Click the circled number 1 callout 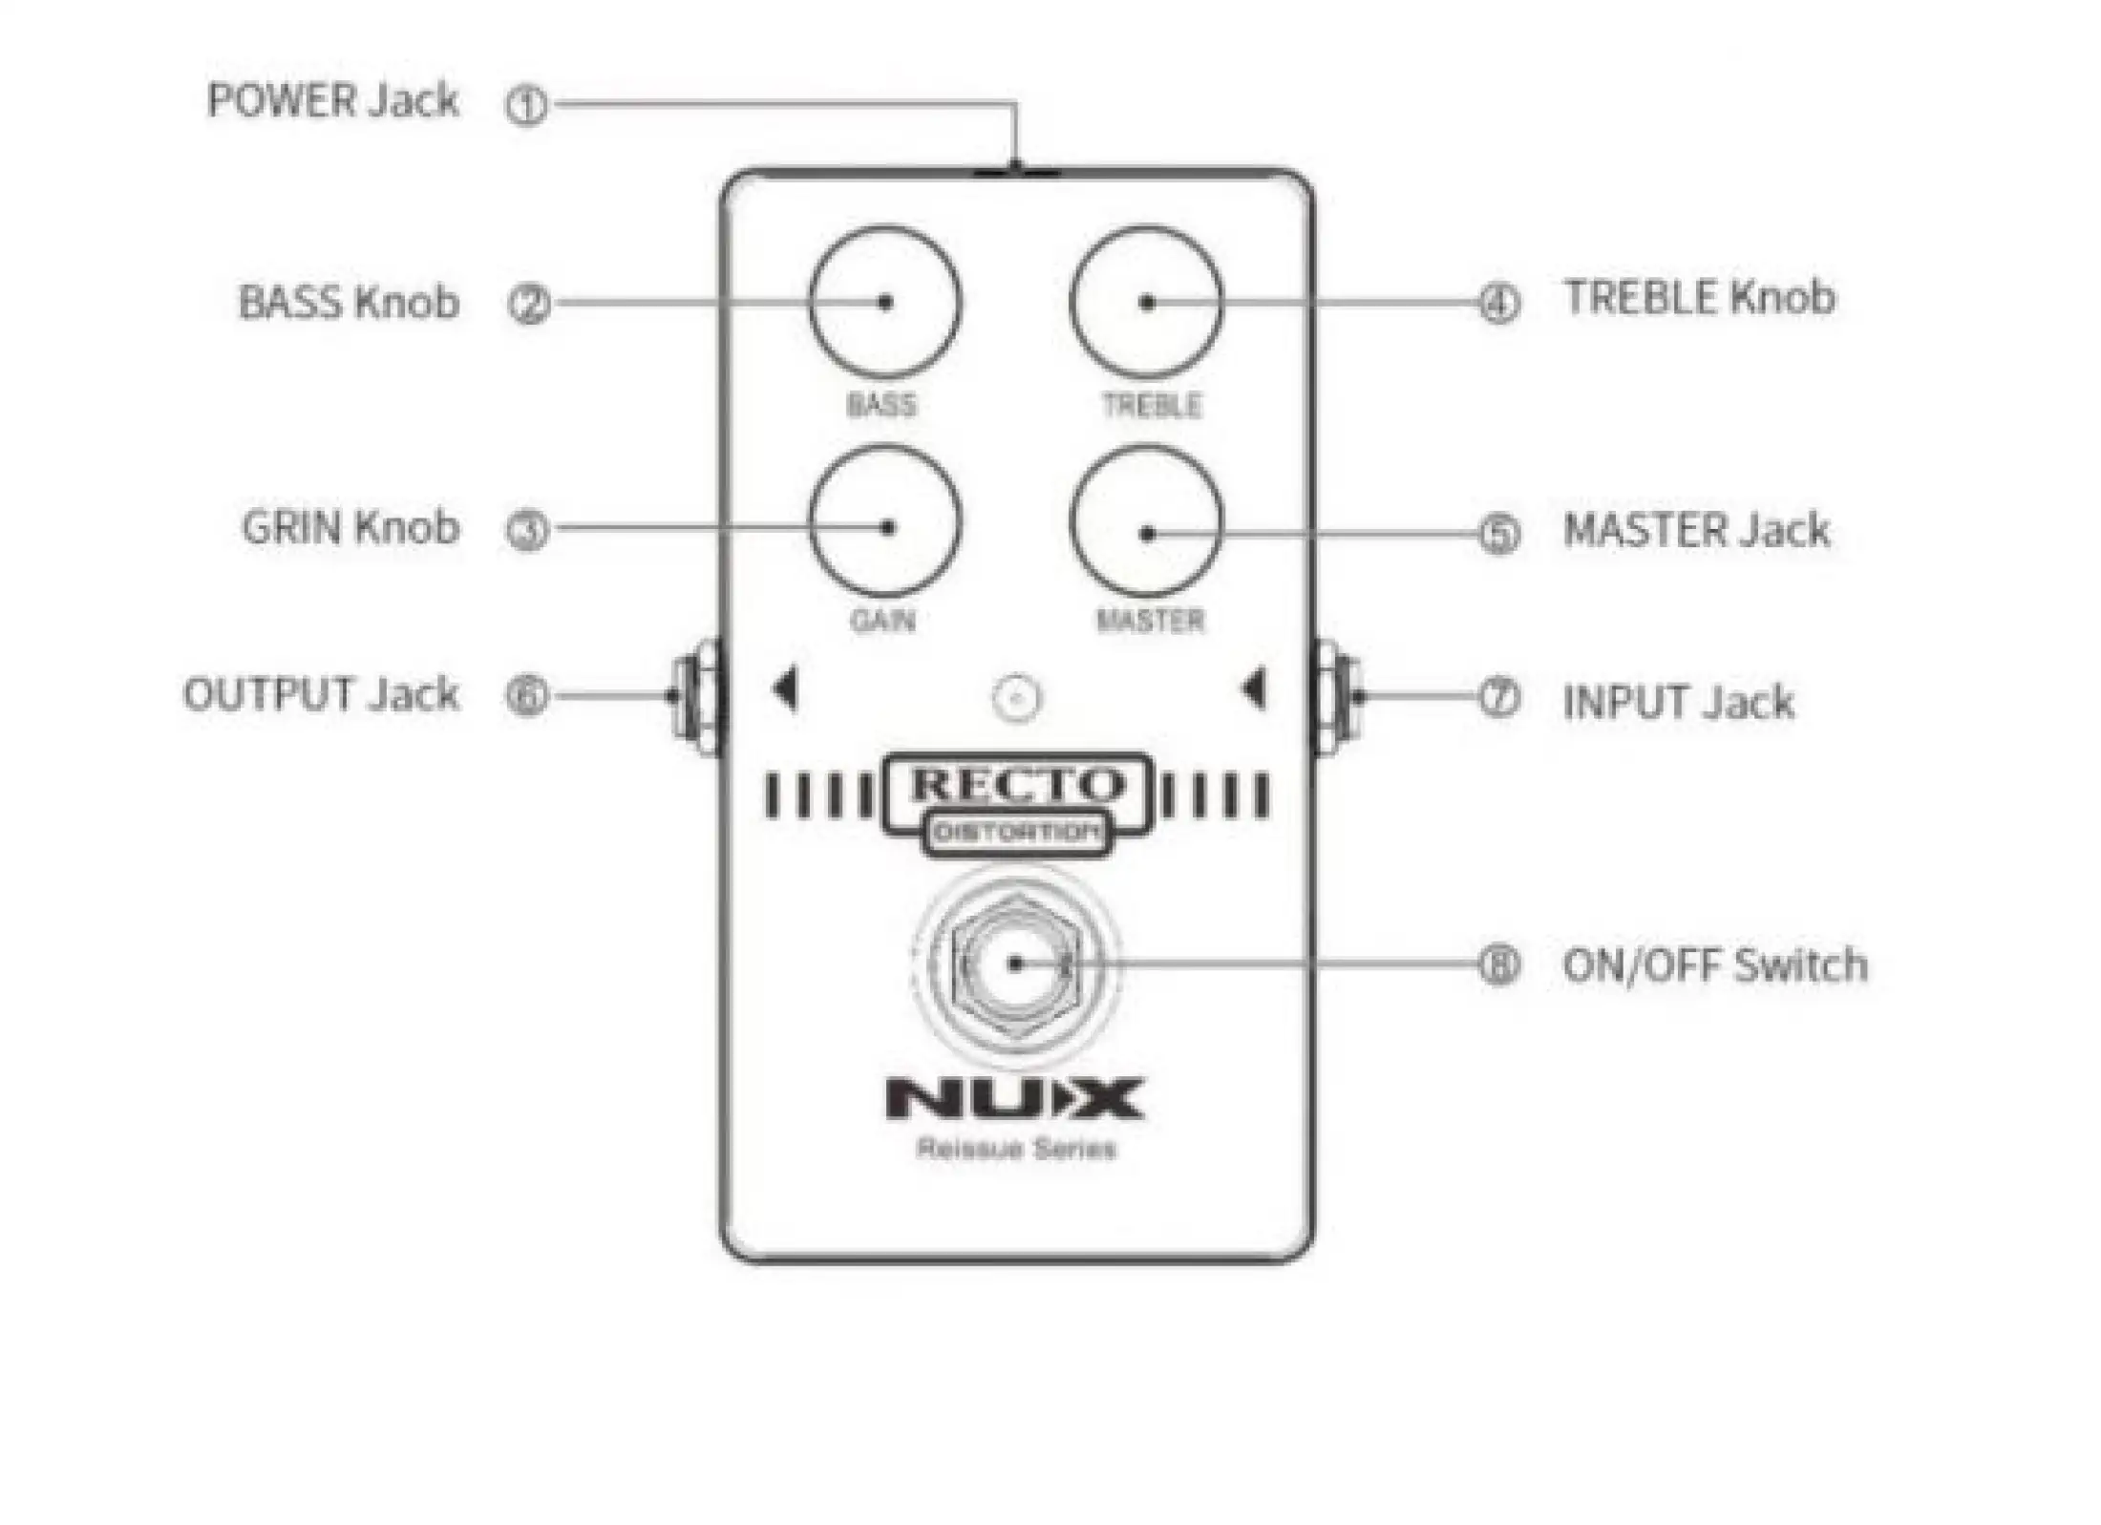point(526,104)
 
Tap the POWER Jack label point(332,100)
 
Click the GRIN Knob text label point(350,527)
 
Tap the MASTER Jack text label point(1696,530)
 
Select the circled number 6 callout point(527,695)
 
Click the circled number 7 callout point(1499,697)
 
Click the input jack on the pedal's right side point(1337,697)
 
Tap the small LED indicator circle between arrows point(1017,698)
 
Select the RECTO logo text point(1017,785)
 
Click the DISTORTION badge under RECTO point(1017,833)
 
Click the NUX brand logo point(1015,1098)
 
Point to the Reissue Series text point(1016,1148)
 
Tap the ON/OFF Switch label point(1715,964)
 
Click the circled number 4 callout point(1499,303)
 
